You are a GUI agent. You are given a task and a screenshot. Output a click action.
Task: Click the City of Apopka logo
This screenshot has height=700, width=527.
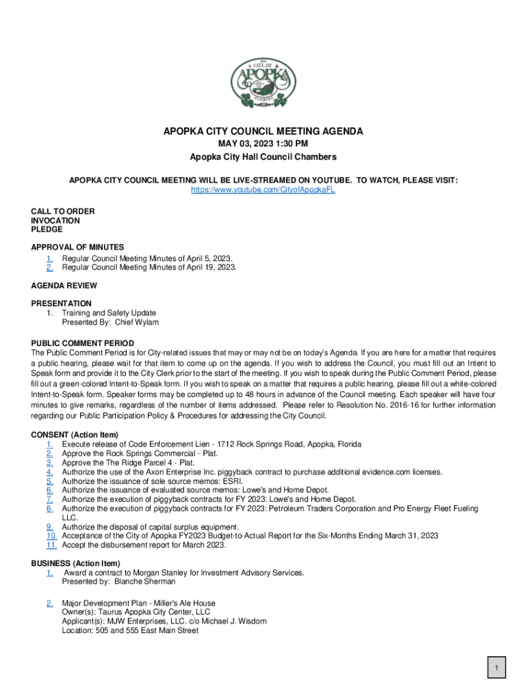click(x=263, y=82)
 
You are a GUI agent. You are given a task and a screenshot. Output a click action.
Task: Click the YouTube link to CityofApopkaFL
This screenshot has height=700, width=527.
click(x=263, y=189)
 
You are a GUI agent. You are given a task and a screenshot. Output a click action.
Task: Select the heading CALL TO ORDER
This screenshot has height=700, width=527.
click(x=63, y=211)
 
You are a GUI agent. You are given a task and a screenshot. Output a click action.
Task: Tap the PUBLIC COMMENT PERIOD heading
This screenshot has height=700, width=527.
click(x=82, y=343)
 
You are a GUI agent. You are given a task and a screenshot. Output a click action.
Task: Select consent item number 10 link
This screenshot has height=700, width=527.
click(x=51, y=536)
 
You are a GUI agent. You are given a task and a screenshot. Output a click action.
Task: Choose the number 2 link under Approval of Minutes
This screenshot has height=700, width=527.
click(x=50, y=267)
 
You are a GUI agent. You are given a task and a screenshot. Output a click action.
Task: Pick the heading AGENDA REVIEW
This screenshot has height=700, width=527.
click(x=64, y=285)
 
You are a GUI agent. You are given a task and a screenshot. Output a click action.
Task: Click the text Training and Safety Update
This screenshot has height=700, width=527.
click(x=109, y=313)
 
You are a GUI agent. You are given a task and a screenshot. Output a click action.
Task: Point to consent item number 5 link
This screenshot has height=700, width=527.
click(x=50, y=481)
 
